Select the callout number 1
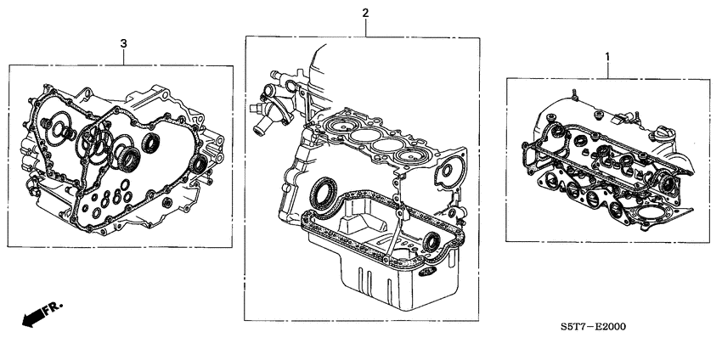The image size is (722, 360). [606, 57]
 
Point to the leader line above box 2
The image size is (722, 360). [365, 27]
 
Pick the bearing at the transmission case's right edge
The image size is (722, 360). [200, 162]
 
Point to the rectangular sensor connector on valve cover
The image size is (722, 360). [629, 115]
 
